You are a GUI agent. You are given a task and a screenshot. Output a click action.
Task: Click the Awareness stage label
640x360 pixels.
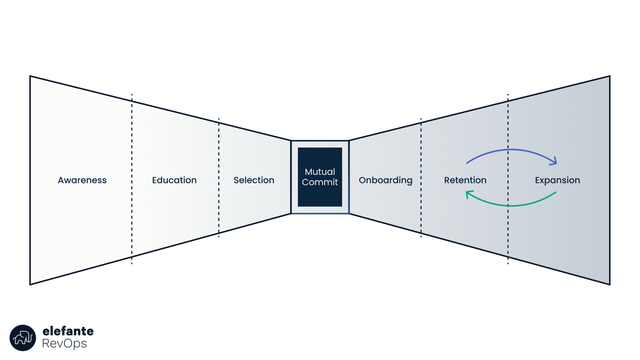point(82,180)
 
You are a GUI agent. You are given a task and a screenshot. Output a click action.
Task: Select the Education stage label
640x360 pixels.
point(174,180)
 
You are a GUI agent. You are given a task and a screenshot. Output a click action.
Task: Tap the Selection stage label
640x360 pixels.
point(254,180)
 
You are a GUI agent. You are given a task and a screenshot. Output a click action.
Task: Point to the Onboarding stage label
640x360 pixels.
point(385,180)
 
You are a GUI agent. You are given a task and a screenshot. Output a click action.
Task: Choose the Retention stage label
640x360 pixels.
point(465,180)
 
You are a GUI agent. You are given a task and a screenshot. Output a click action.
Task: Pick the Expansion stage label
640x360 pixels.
point(557,180)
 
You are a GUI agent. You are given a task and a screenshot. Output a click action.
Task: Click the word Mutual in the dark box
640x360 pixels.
point(320,172)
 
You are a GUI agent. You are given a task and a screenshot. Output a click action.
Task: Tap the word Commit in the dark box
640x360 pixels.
point(320,182)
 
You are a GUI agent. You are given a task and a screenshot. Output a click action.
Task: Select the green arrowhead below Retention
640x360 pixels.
point(469,194)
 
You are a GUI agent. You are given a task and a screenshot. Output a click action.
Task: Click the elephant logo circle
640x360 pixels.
point(23,338)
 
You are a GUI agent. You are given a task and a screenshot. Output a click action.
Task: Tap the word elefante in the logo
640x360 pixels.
point(68,331)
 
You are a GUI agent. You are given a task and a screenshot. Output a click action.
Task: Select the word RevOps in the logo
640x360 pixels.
point(64,344)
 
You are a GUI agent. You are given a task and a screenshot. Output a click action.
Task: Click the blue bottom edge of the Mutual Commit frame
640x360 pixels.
point(320,213)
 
